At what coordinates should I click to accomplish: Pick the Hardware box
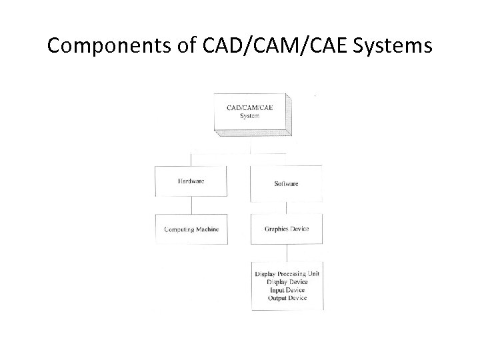click(x=191, y=181)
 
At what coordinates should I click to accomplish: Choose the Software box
click(x=287, y=183)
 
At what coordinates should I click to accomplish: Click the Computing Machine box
click(x=191, y=229)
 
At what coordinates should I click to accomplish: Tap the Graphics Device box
click(x=287, y=229)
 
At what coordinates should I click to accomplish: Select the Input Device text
click(x=287, y=291)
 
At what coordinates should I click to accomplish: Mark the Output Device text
click(x=287, y=299)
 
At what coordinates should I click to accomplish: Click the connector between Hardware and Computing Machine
click(x=191, y=206)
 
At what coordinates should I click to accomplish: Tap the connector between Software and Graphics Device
click(x=287, y=207)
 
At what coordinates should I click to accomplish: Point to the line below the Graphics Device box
click(x=287, y=253)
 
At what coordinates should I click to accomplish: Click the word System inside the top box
click(x=250, y=115)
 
